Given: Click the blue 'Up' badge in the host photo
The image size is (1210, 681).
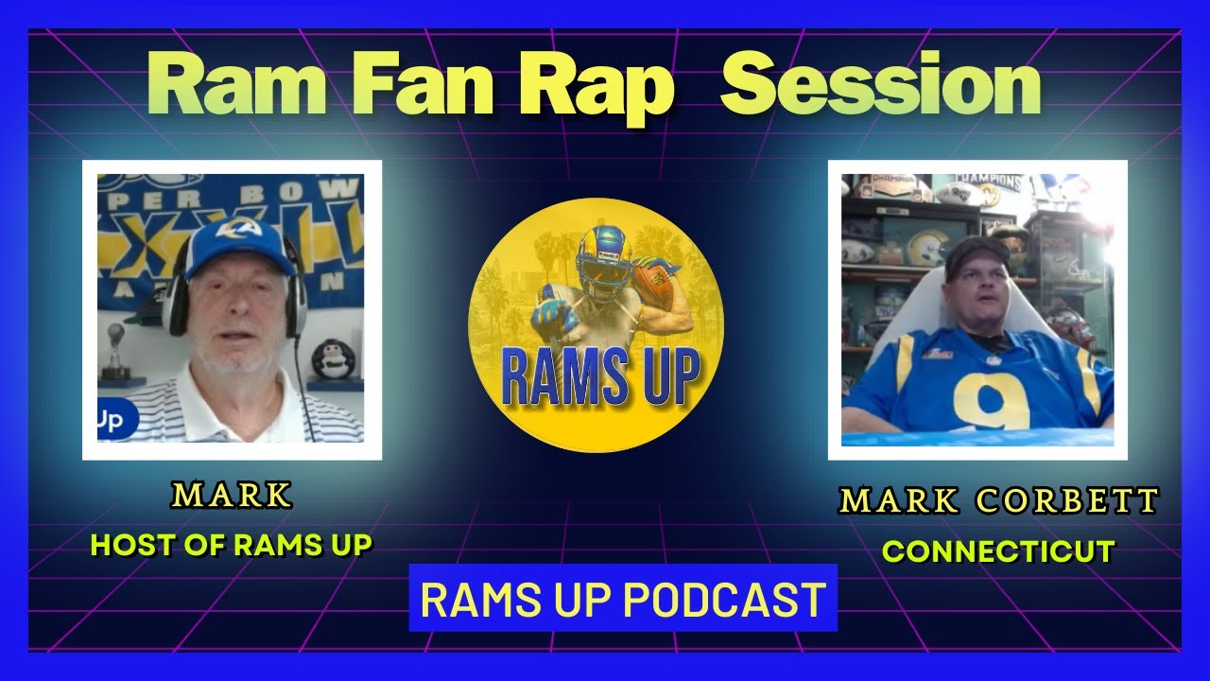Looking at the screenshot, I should coord(112,421).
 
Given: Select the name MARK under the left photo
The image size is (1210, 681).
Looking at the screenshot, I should coord(232,495).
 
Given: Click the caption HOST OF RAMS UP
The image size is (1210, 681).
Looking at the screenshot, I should coord(232,544).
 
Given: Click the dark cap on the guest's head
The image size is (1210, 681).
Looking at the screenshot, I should coord(977,251).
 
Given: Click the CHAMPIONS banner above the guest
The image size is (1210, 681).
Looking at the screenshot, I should coord(988,180).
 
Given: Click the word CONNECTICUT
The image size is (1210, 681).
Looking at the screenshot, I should coord(998,550).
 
